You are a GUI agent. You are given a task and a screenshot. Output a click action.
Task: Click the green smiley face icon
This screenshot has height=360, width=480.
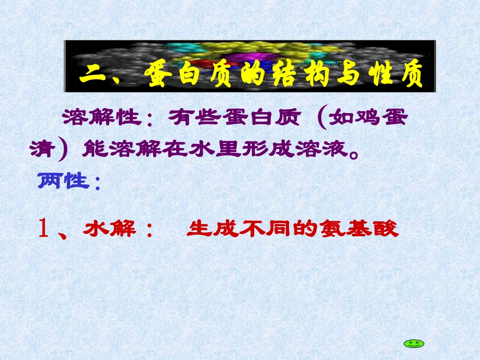(414, 343)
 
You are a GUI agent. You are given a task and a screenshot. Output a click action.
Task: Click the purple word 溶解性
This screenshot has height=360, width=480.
(101, 119)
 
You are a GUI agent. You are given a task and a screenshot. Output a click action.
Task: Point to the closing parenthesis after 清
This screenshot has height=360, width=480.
(63, 149)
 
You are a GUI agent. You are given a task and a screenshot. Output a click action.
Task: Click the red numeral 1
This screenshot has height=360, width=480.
(43, 230)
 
